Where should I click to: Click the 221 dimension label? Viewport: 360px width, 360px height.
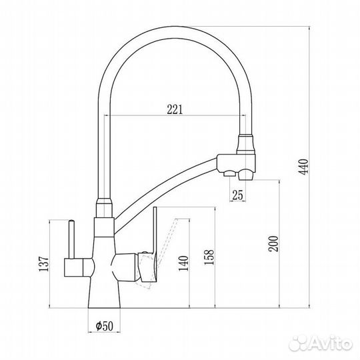175,109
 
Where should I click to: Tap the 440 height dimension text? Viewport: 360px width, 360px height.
303,167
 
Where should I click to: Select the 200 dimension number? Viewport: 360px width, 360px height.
273,243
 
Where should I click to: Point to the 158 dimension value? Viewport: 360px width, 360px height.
209,257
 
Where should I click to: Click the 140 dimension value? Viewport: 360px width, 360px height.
183,263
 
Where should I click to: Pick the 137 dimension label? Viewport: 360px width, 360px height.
44,264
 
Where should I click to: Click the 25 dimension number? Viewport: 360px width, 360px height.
237,195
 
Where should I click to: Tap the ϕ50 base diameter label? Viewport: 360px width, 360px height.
105,326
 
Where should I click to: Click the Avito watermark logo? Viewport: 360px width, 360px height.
321,343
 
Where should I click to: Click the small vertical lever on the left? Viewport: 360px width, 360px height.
71,239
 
